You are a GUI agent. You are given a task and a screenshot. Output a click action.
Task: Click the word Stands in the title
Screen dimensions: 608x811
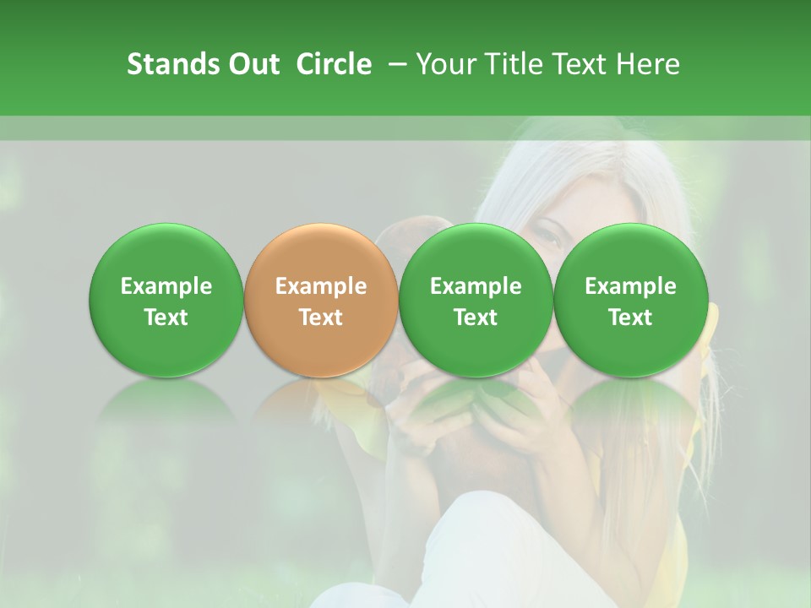171,64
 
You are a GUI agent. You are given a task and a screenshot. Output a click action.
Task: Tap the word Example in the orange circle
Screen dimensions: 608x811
320,286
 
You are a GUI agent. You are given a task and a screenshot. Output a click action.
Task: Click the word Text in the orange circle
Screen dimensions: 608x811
320,318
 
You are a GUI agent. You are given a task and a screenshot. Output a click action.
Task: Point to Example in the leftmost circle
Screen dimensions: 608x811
166,286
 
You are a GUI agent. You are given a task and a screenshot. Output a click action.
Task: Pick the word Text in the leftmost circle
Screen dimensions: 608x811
166,318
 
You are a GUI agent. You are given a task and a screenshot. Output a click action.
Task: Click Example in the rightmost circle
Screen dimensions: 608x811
630,286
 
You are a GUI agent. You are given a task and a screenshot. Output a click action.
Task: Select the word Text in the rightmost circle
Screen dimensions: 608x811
630,318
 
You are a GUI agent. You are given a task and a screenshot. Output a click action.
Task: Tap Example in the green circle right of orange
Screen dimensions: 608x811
476,286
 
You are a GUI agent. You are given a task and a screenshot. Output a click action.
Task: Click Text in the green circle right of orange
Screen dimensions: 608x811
476,318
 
